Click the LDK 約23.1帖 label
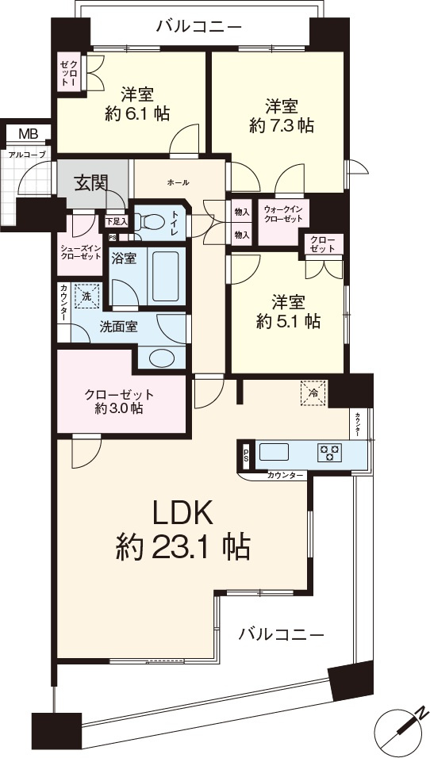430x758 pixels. pos(183,529)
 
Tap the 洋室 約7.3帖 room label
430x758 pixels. pos(282,115)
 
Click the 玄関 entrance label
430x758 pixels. pos(90,182)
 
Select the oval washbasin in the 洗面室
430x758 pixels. pos(163,357)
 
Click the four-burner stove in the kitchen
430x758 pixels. pos(328,453)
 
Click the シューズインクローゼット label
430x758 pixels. pos(79,251)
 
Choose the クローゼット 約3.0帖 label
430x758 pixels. pos(119,401)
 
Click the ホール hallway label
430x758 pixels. pos(178,182)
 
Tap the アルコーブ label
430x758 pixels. pos(27,155)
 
